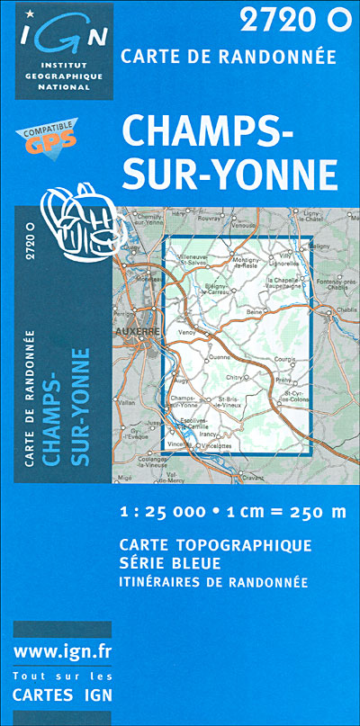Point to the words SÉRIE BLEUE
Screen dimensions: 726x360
(169, 563)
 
